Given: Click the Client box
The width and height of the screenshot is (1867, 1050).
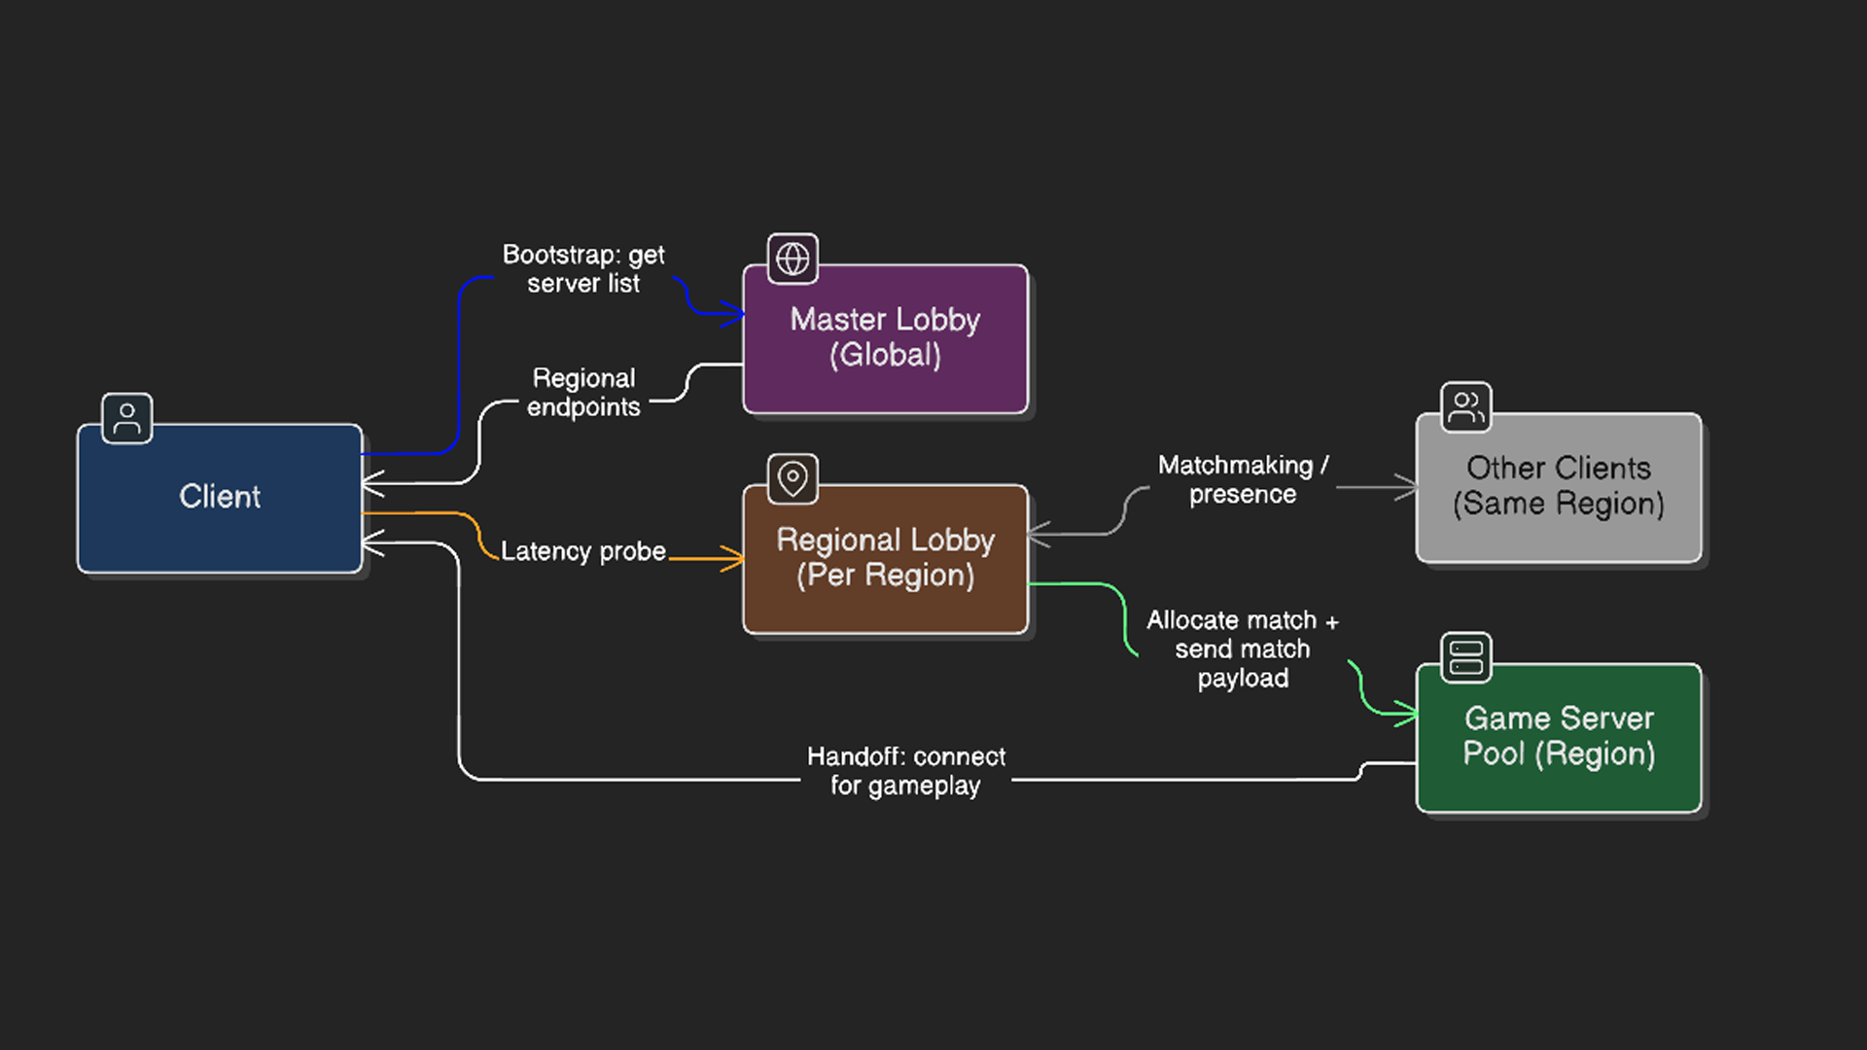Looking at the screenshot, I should tap(220, 498).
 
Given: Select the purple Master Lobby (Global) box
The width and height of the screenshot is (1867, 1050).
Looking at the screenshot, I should tap(885, 338).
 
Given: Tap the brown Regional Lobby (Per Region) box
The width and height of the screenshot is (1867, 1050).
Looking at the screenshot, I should tap(885, 558).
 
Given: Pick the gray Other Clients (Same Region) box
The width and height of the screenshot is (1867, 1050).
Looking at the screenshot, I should tap(1558, 487).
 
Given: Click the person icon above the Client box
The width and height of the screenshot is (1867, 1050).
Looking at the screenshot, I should tap(127, 419).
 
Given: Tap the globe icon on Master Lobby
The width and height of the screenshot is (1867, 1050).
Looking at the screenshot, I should tap(793, 259).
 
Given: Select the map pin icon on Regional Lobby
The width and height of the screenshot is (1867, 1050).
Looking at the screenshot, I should tap(793, 479).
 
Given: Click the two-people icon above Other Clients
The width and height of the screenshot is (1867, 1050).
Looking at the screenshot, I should tap(1465, 407).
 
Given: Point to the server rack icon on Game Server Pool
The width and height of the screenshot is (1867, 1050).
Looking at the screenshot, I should tap(1465, 657).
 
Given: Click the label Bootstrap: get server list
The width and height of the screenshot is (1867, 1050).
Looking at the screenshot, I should tap(583, 269).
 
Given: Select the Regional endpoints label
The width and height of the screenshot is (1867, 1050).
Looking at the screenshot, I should tap(583, 393).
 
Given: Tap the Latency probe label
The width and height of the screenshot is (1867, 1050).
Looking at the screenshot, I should tap(583, 551).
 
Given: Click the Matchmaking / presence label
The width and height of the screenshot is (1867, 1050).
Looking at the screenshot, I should tap(1242, 479).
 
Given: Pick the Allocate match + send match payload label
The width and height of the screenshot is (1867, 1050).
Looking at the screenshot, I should tap(1242, 648).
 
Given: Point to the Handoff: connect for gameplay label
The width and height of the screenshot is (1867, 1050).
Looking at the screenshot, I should tap(905, 771).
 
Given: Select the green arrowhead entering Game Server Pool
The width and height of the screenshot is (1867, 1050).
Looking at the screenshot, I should tap(1407, 715).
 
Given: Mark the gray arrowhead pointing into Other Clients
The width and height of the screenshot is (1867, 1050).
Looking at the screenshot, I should tap(1407, 487).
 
